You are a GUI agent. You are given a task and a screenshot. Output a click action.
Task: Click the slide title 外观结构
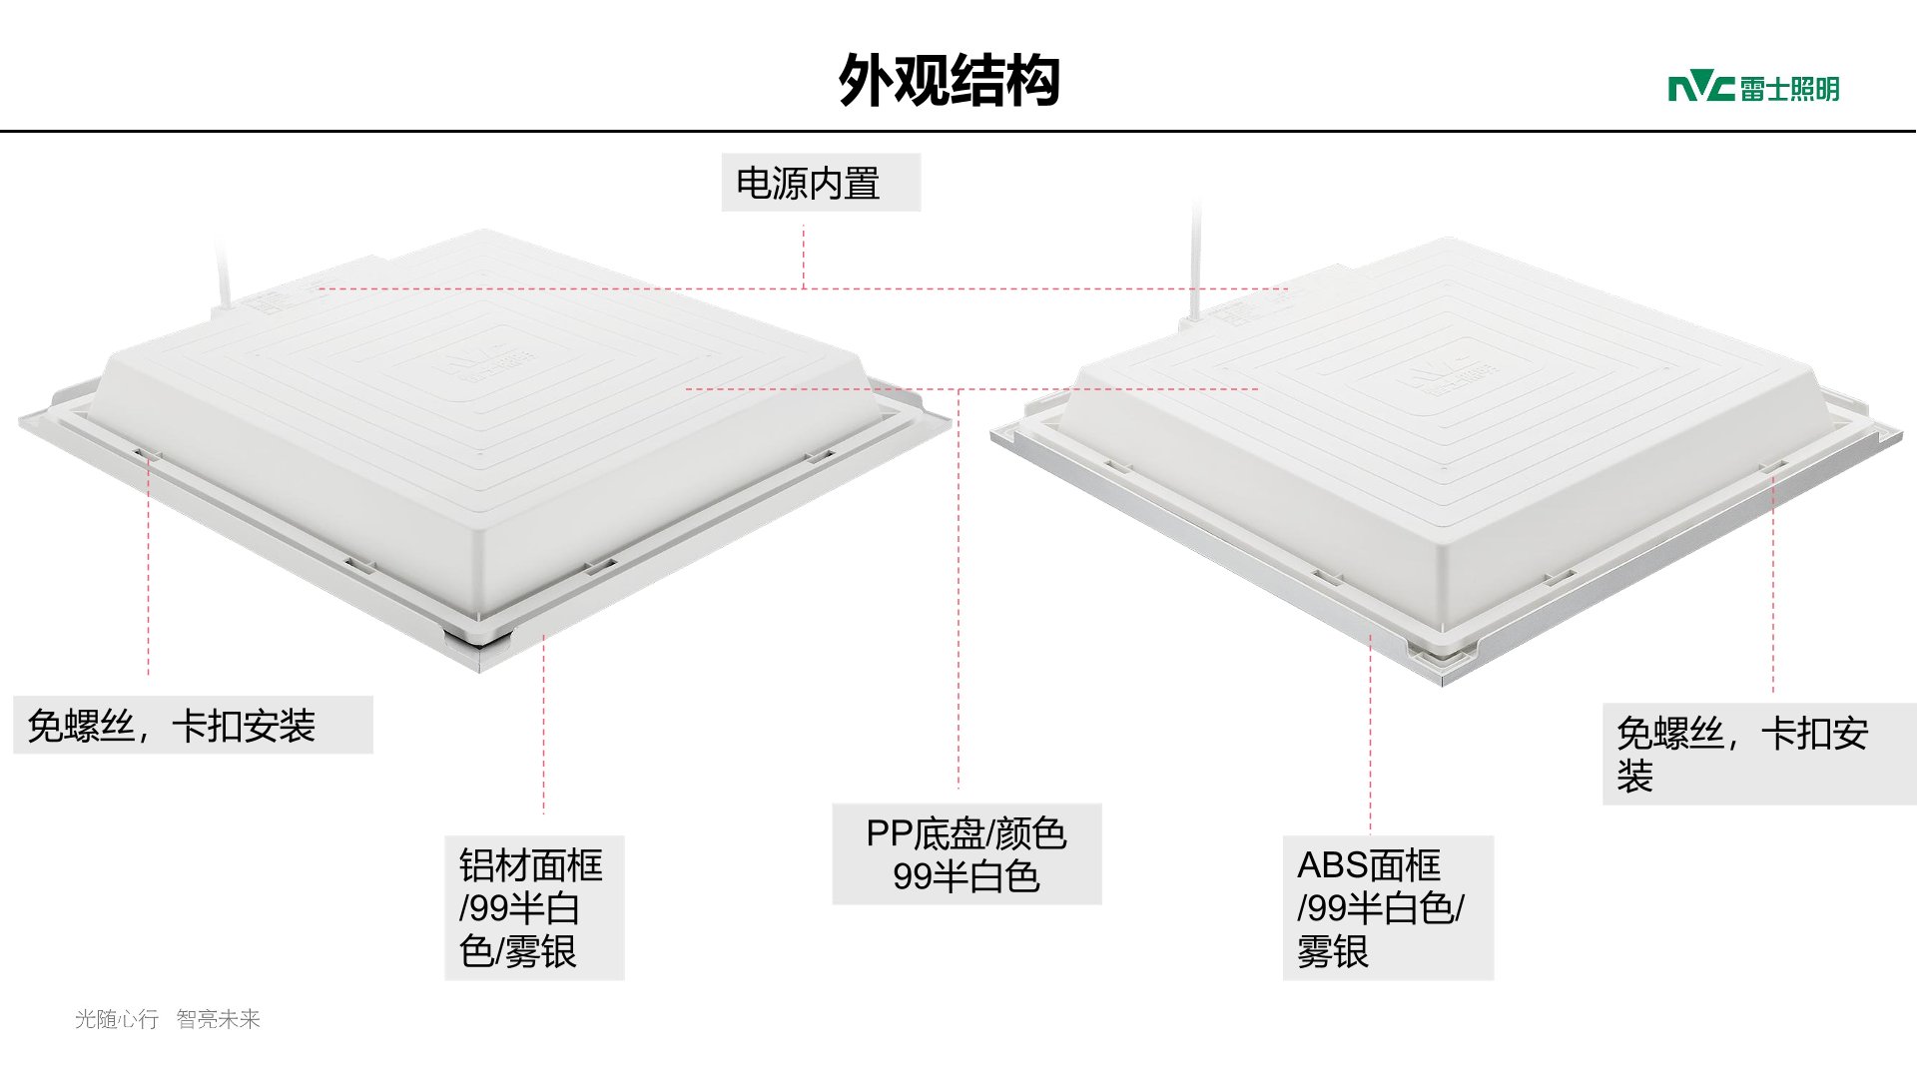[949, 80]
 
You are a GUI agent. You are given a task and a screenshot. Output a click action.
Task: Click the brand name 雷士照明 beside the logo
[1789, 89]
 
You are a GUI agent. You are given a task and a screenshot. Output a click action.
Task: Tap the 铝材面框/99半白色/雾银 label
[533, 907]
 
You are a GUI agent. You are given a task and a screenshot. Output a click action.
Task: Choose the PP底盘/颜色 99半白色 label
[965, 854]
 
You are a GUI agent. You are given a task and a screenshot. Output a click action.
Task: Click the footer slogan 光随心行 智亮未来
[167, 1019]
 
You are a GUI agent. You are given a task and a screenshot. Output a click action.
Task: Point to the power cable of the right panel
[1194, 260]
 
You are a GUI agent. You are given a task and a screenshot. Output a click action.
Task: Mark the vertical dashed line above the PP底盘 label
[958, 599]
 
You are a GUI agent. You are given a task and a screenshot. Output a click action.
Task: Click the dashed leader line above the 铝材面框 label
[544, 729]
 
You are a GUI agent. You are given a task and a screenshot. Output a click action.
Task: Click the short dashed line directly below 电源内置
[804, 257]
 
